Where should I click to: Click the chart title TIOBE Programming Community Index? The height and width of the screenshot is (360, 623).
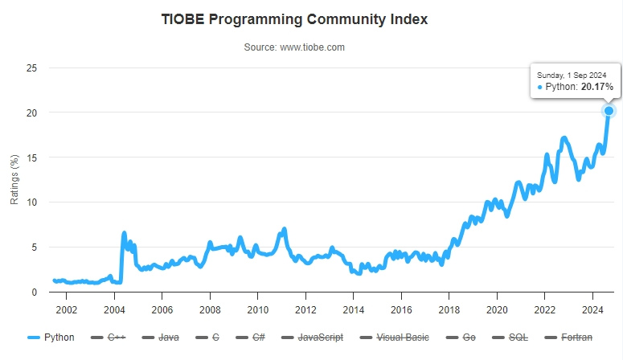294,19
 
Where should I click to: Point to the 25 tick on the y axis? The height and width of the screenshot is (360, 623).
32,67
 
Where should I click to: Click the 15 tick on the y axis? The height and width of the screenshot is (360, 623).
32,157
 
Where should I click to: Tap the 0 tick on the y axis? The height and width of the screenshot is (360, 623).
35,292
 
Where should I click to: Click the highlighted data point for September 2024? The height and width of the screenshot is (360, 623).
609,111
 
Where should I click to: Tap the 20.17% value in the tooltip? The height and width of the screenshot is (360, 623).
596,86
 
